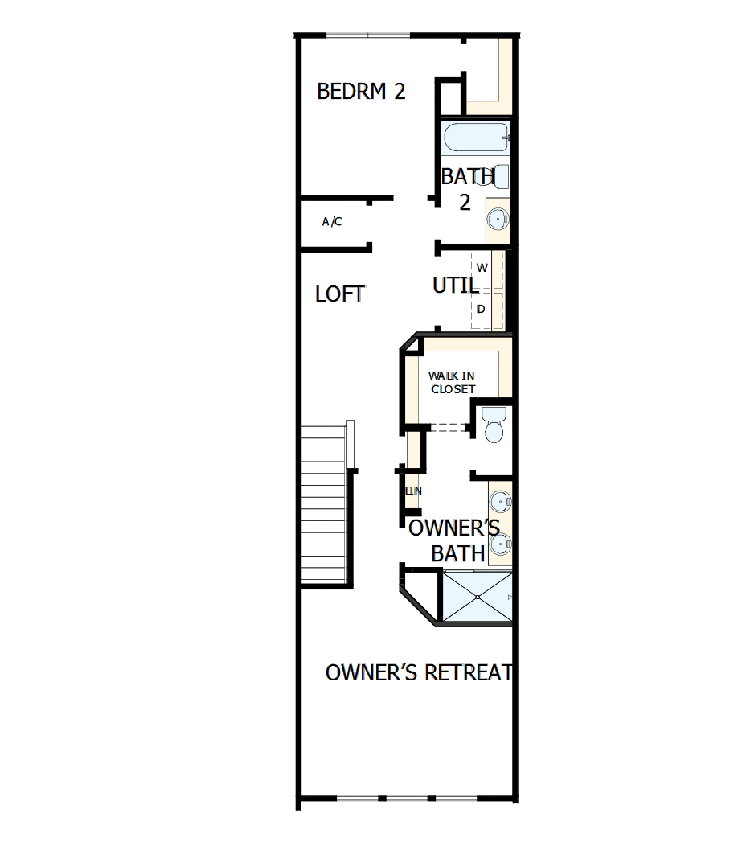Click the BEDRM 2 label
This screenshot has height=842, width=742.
(361, 91)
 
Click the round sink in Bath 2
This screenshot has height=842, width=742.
(498, 217)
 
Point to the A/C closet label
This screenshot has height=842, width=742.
(332, 222)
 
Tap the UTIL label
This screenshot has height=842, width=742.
(456, 285)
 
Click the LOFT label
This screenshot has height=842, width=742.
(340, 294)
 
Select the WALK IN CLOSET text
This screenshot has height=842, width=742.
(452, 382)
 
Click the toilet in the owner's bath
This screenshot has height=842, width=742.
(493, 426)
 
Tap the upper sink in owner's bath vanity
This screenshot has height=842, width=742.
(500, 501)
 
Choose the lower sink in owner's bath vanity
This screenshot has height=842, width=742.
(500, 544)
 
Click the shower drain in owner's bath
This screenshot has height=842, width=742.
(478, 597)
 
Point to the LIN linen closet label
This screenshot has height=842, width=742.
(413, 491)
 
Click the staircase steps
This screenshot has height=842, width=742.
(326, 507)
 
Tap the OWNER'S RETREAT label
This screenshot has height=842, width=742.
(419, 672)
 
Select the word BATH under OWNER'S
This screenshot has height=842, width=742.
(458, 553)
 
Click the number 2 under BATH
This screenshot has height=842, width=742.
(465, 203)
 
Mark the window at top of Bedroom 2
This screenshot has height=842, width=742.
(368, 35)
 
